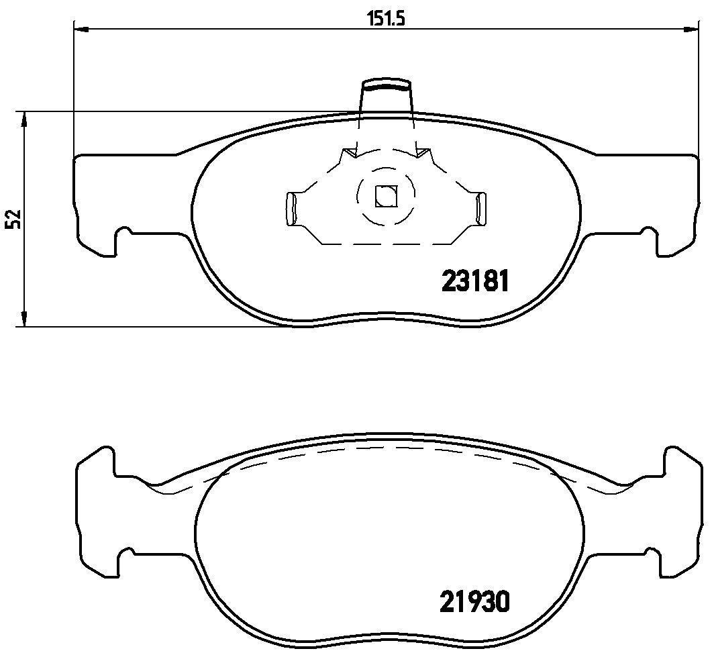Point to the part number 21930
click(x=475, y=601)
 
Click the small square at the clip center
click(x=386, y=196)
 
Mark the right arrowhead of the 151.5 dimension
click(x=691, y=29)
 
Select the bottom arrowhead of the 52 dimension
click(x=24, y=319)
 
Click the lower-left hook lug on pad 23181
click(x=123, y=241)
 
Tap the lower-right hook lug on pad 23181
click(x=650, y=241)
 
